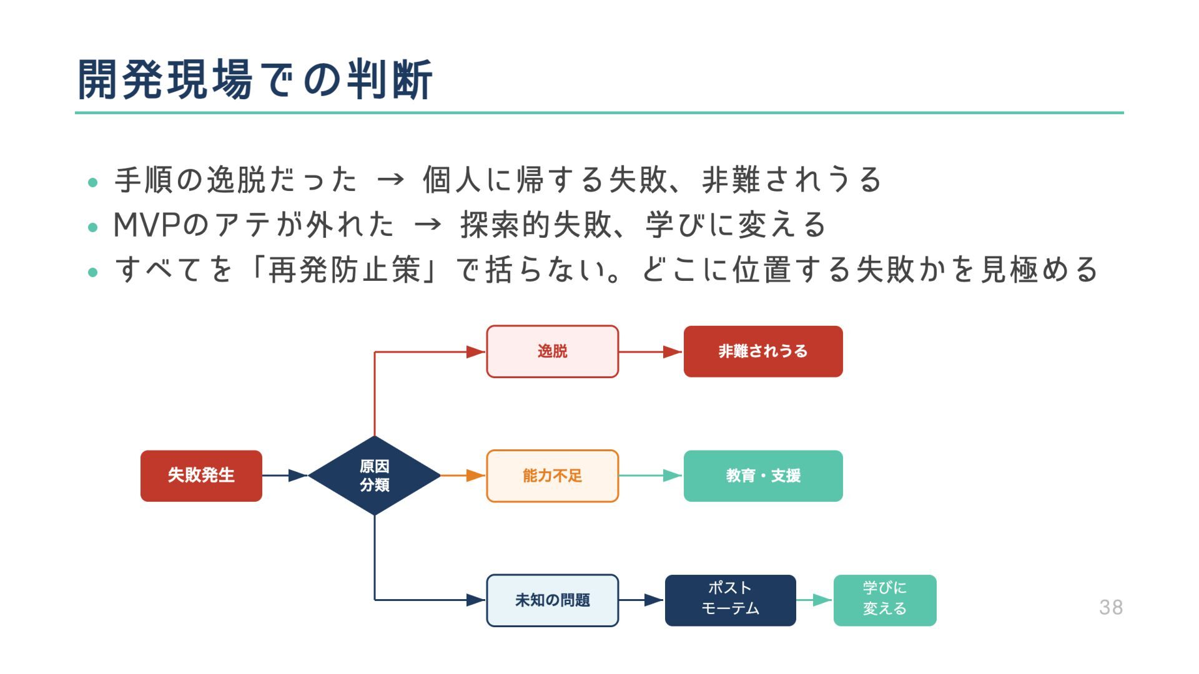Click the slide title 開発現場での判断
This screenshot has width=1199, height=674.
coord(255,80)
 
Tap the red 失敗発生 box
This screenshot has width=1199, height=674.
coord(201,476)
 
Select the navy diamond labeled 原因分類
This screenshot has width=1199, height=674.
coord(374,476)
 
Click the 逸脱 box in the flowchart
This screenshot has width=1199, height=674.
coord(552,351)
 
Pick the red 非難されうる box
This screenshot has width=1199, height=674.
coord(762,351)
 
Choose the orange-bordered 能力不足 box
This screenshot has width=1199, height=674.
coord(552,476)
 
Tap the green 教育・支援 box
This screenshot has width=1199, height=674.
coord(762,476)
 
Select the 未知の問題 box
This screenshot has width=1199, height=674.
coord(552,600)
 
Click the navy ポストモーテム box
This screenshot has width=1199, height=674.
coord(730,600)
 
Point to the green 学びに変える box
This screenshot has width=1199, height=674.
coord(884,600)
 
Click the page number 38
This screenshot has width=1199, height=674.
coord(1111,607)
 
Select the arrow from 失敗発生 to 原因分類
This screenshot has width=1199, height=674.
coord(285,476)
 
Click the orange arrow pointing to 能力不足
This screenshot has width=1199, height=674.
coord(463,476)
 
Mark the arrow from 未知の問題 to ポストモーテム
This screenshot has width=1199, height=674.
coord(641,600)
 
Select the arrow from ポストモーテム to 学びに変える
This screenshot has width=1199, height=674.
coord(814,600)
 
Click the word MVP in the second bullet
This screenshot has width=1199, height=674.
coord(147,225)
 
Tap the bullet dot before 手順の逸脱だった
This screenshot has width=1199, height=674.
coord(93,183)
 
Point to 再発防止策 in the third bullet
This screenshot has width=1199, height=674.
coord(344,270)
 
